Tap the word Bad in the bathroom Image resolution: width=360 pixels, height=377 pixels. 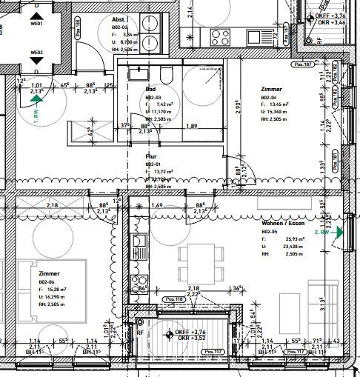[150, 88]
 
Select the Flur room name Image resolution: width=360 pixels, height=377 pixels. [151, 156]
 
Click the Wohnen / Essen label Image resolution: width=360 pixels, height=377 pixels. [284, 223]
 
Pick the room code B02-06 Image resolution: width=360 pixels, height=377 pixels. [47, 282]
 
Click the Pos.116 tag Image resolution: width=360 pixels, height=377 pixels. [174, 299]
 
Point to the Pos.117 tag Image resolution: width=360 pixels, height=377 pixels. [213, 351]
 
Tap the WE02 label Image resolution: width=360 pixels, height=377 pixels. [36, 53]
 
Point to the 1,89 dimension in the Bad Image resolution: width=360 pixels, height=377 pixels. [190, 127]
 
